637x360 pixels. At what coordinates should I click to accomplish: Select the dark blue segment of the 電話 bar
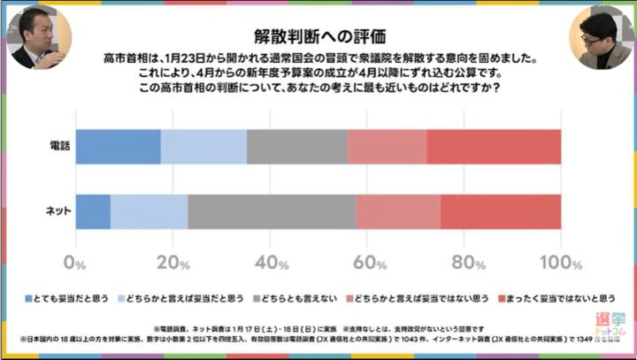click(118, 146)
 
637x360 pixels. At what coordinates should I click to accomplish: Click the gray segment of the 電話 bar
click(296, 146)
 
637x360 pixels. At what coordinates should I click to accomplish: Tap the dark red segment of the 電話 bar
click(494, 146)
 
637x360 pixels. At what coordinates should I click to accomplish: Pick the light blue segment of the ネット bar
click(149, 211)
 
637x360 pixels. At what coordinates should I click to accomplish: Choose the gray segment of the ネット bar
click(272, 211)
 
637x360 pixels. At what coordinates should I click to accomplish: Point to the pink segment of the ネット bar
click(398, 211)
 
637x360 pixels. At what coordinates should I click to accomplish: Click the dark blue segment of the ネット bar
click(93, 211)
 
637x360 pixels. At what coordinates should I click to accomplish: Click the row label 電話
click(58, 146)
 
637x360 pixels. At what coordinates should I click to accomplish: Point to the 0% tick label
click(75, 263)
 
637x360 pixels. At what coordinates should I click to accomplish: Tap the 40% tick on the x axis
click(272, 263)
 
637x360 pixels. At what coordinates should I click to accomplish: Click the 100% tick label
click(559, 263)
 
